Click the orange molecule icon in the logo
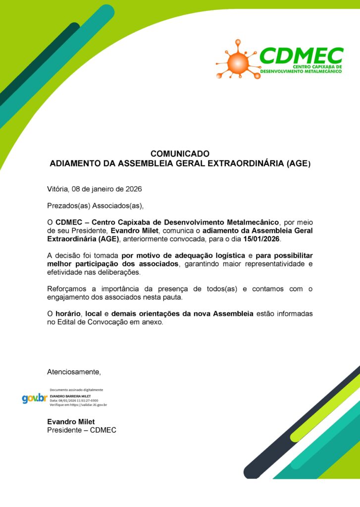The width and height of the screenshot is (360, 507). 238,61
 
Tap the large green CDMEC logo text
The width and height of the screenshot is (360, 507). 301,56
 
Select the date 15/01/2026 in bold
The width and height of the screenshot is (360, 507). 262,239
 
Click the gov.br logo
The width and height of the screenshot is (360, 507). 34,398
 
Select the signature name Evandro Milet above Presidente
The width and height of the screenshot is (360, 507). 71,421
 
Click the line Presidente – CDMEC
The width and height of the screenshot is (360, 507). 81,430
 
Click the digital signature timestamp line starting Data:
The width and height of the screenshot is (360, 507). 74,400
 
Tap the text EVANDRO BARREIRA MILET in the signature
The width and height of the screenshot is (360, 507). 70,396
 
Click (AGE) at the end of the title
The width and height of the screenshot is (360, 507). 299,163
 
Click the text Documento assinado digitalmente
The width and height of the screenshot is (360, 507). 76,390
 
